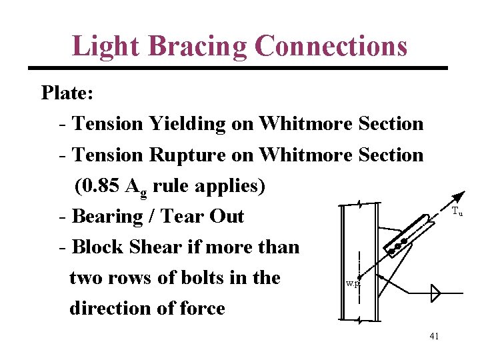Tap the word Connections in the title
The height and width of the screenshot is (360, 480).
point(331,46)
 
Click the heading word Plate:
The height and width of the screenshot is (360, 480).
point(67,93)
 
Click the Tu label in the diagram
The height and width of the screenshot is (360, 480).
point(457,212)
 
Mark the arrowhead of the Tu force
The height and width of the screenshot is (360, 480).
point(461,195)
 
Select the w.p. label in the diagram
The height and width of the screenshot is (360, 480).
point(353,283)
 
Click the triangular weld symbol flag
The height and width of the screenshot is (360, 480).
point(436,293)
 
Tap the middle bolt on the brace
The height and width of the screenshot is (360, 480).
point(398,246)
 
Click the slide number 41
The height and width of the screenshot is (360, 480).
point(434,337)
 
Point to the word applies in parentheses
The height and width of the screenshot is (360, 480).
point(229,186)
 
